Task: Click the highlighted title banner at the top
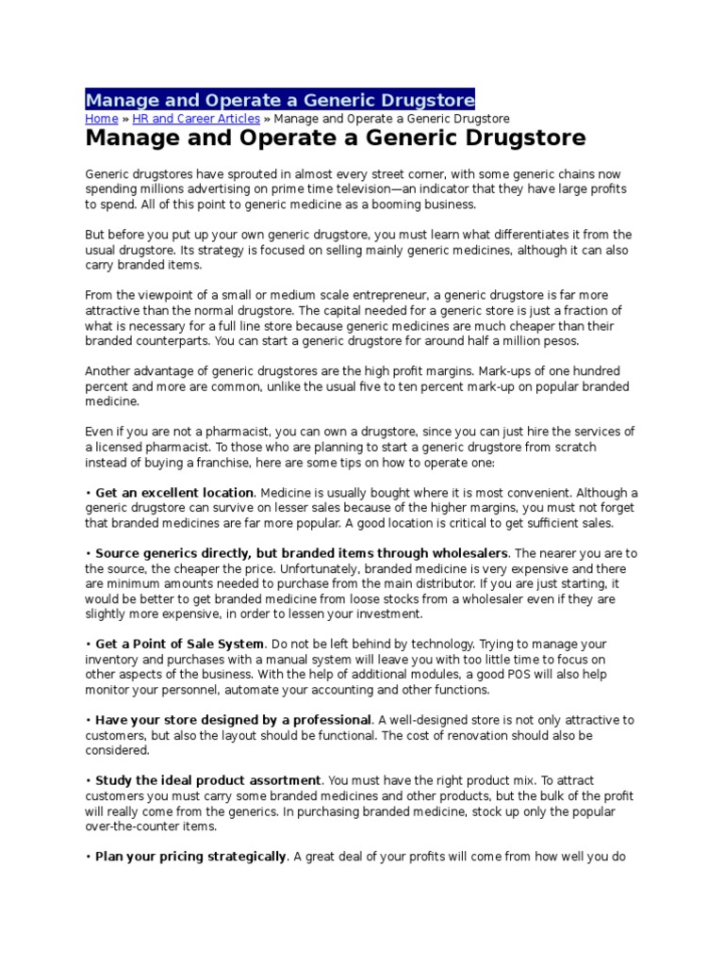pyautogui.click(x=280, y=100)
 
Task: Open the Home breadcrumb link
pyautogui.click(x=101, y=119)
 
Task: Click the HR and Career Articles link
pyautogui.click(x=196, y=119)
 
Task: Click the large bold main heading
pyautogui.click(x=336, y=139)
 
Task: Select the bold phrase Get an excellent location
pyautogui.click(x=174, y=493)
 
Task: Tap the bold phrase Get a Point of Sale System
pyautogui.click(x=179, y=645)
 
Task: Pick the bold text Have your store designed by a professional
pyautogui.click(x=234, y=720)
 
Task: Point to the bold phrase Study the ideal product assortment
pyautogui.click(x=208, y=781)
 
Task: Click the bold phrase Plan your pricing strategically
pyautogui.click(x=190, y=857)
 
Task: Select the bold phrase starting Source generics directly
pyautogui.click(x=302, y=553)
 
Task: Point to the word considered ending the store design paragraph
pyautogui.click(x=117, y=750)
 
